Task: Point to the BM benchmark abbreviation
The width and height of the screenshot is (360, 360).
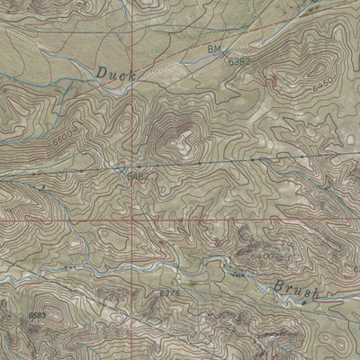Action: click(213, 48)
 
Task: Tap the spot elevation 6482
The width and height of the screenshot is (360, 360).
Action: click(136, 176)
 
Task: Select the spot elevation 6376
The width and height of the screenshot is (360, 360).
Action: click(168, 293)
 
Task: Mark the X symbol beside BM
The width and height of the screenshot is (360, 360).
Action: click(224, 53)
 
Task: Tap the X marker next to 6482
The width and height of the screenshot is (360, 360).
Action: click(122, 167)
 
